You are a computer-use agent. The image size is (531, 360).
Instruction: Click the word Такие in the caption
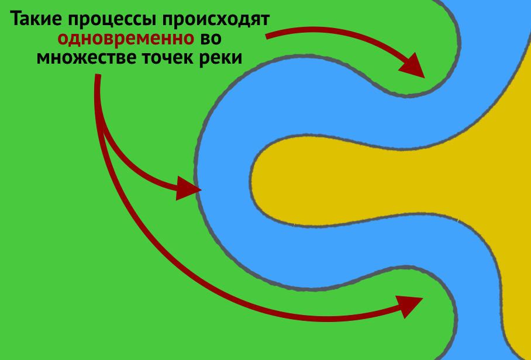pos(36,20)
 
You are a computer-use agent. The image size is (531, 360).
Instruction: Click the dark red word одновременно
pos(126,39)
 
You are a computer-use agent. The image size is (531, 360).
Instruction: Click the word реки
pos(222,59)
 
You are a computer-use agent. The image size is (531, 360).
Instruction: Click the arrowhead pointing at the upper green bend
pos(414,65)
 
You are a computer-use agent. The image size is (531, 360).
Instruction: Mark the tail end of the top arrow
pos(267,37)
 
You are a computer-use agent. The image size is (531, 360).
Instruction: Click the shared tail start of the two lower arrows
pos(98,77)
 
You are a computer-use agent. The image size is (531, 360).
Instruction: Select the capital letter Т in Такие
pos(17,20)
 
